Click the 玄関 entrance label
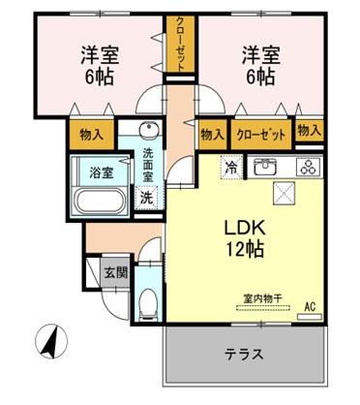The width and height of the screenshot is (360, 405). coord(115,272)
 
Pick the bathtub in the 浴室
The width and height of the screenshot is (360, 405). coord(99,201)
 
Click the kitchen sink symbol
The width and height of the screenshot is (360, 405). coord(266,166)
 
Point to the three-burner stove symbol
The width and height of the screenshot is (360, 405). coord(307,166)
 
